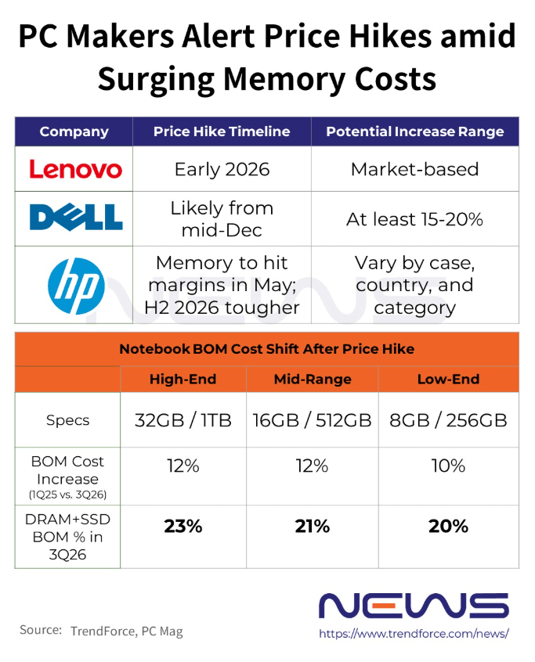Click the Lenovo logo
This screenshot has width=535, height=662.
pos(75,169)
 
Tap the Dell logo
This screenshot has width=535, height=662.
pos(76,217)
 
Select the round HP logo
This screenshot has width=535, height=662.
pos(75,285)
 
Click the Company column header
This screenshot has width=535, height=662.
pos(74,131)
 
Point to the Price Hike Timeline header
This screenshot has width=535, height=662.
pos(222,131)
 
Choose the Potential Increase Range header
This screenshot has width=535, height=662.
pos(414,131)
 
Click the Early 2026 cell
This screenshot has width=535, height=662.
pos(222,169)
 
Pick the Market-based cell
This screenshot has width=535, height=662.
pos(414,169)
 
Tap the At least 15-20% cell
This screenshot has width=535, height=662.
pos(414,219)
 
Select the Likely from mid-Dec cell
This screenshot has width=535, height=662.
pos(222,218)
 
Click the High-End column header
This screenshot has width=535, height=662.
pos(183,380)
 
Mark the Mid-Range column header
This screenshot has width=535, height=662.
pos(312,380)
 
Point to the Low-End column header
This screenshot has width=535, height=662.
pos(448,380)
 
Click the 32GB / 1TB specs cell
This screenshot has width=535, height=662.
pos(183,420)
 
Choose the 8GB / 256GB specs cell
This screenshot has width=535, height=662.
pos(448,420)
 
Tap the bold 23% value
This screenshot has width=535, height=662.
pos(183,527)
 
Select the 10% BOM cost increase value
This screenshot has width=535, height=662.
pos(448,466)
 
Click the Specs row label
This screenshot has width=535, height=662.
pos(68,420)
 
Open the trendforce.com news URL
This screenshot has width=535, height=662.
pos(414,632)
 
